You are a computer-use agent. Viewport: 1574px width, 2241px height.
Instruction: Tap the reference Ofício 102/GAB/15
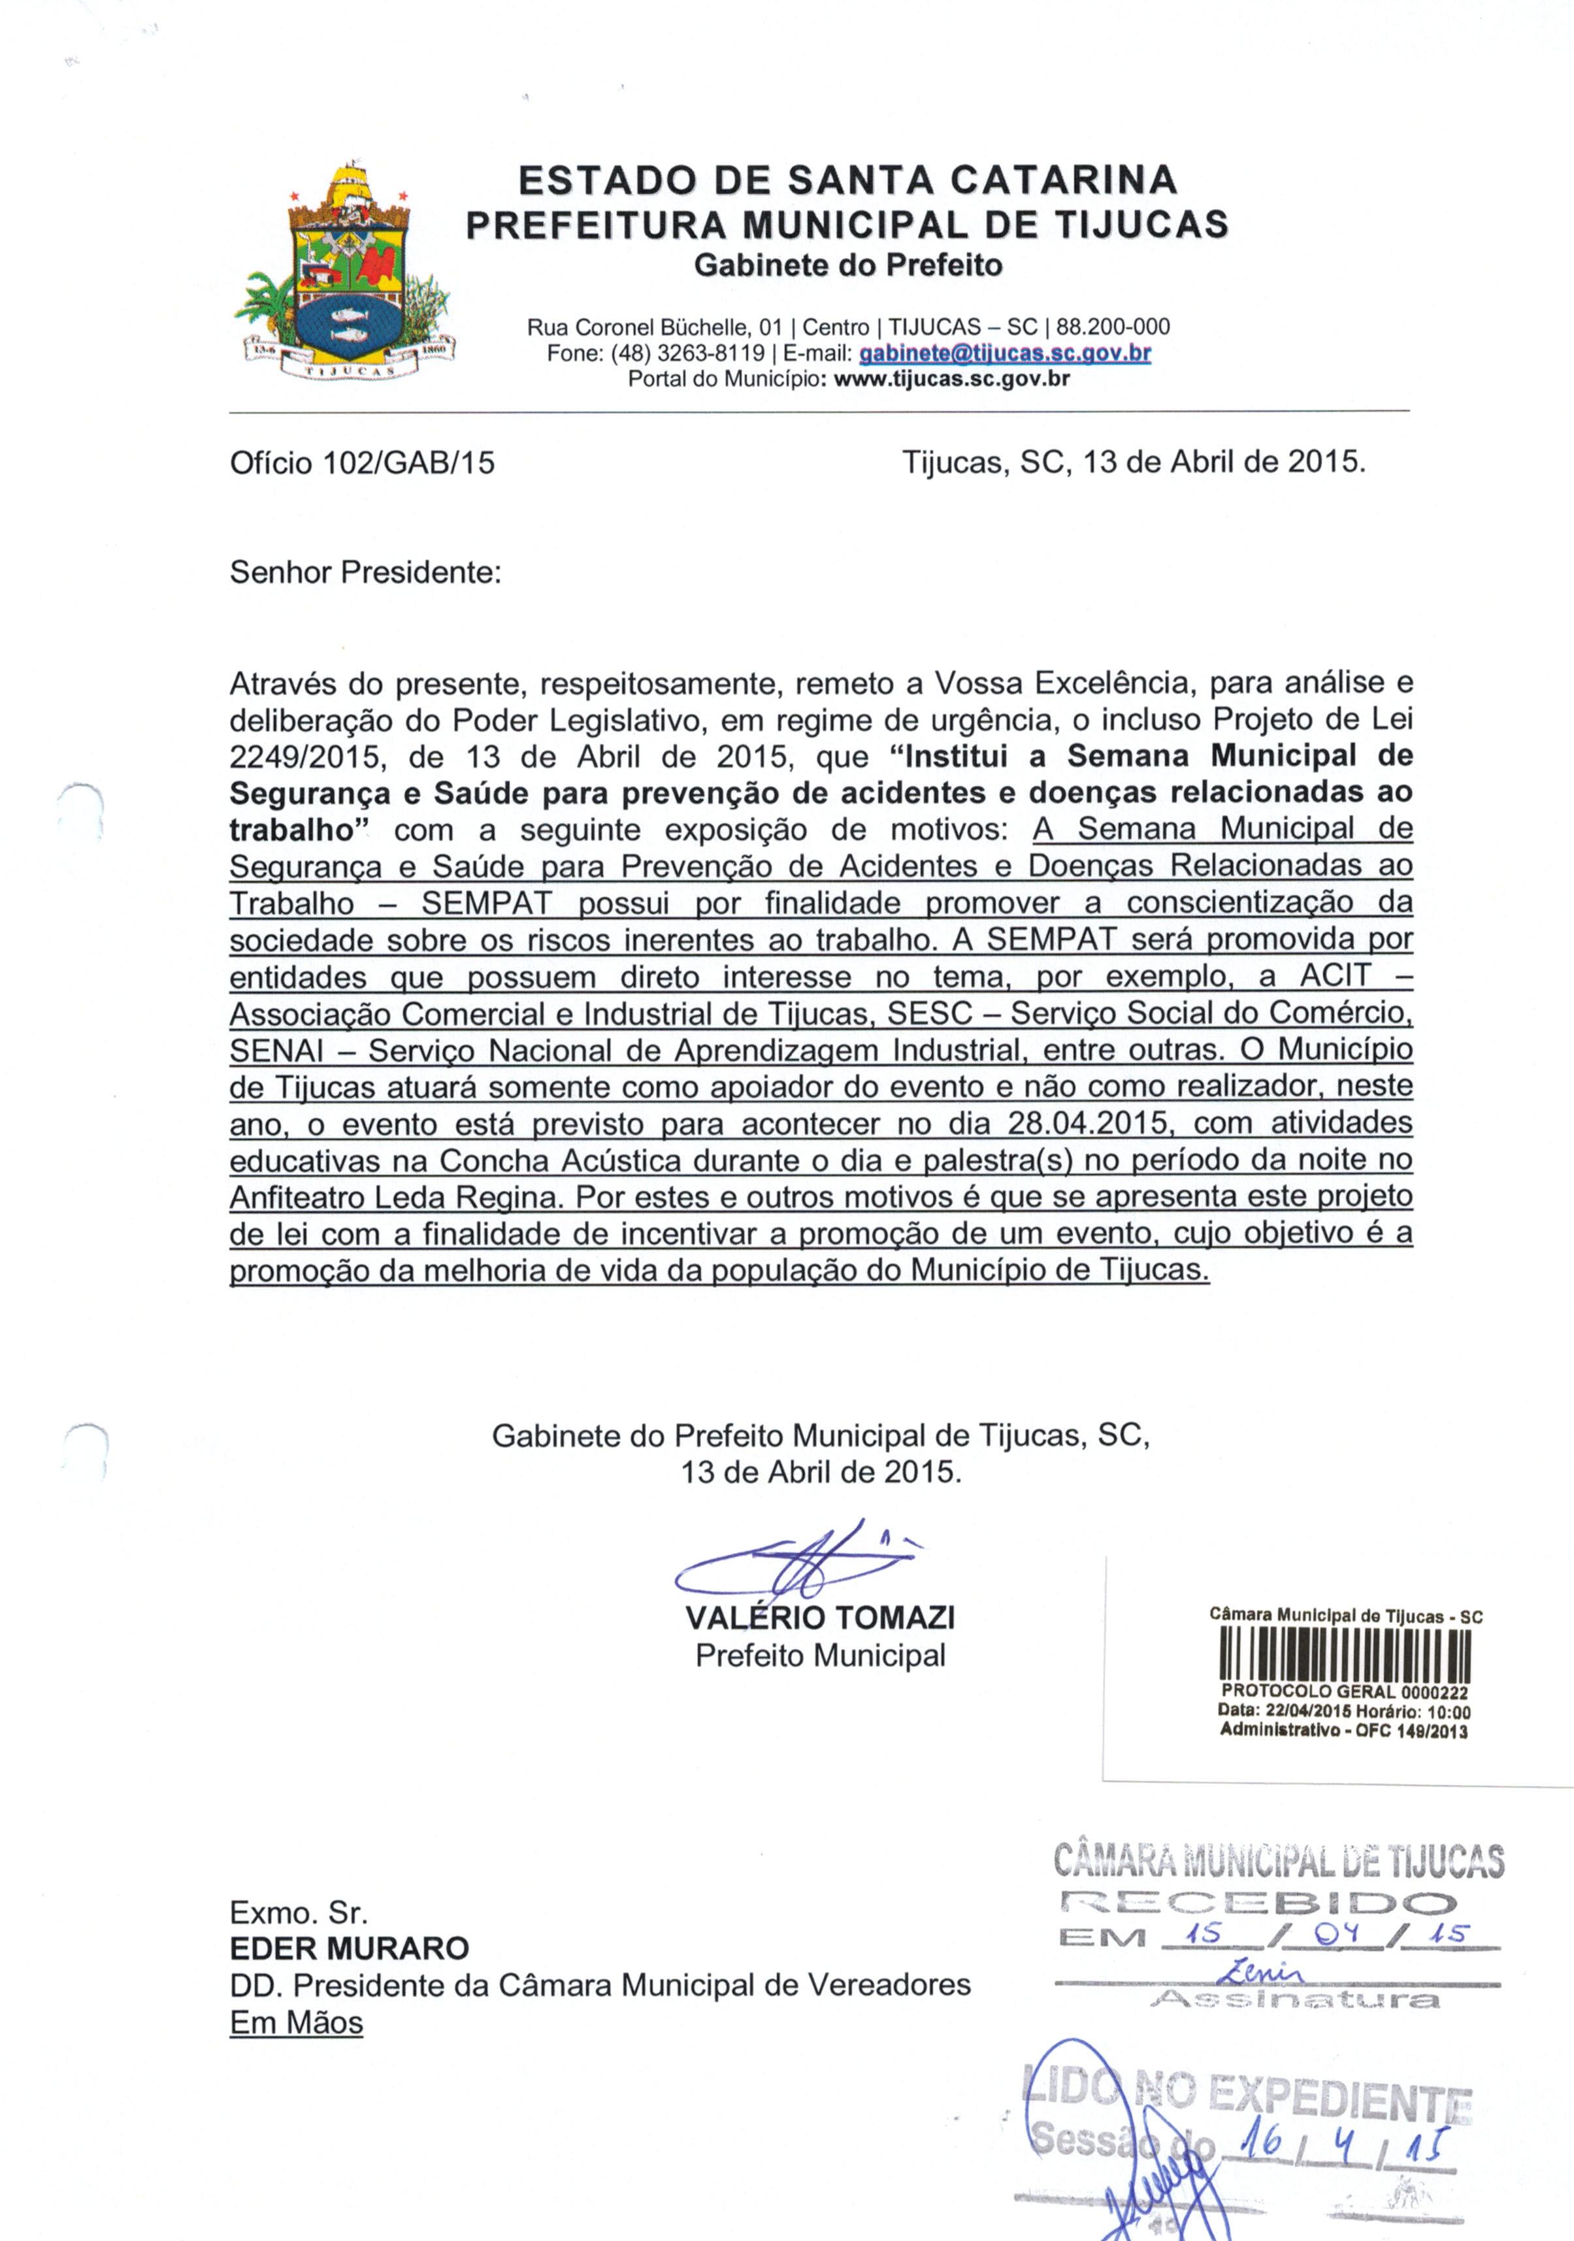[362, 462]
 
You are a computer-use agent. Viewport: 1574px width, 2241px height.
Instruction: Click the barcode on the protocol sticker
[1345, 1660]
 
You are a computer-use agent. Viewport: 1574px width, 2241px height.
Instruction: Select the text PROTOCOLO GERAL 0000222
[1345, 1692]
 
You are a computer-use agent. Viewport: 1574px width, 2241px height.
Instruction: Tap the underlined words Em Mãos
[297, 2022]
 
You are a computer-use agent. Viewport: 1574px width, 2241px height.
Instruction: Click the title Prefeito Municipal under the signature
[820, 1656]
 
